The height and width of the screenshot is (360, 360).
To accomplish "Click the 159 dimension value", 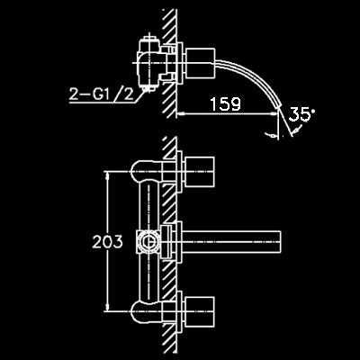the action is coord(225,104).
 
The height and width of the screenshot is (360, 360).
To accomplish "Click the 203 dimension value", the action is coord(107,242).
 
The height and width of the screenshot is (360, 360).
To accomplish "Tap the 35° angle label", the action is coord(301,115).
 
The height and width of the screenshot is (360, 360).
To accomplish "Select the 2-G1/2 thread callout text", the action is coord(102,94).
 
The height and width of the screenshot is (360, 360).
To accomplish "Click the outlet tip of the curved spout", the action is coord(279,105).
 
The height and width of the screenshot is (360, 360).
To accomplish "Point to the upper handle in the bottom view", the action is coord(200,171).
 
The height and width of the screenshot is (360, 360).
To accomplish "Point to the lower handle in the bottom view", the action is coord(200,311).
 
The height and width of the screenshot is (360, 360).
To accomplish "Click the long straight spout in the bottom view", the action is coord(231,242).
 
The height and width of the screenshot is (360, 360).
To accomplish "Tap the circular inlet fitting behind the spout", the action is coord(148,242).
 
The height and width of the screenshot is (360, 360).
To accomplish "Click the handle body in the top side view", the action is coord(201,63).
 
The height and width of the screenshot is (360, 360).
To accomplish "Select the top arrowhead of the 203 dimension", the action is coord(107,175).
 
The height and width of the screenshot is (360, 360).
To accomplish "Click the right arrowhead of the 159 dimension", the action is coord(274,113).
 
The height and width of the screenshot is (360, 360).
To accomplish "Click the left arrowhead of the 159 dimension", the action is coord(179,113).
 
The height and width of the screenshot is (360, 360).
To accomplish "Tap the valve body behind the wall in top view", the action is coord(149,63).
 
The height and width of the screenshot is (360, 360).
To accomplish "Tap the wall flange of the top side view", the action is coord(179,63).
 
